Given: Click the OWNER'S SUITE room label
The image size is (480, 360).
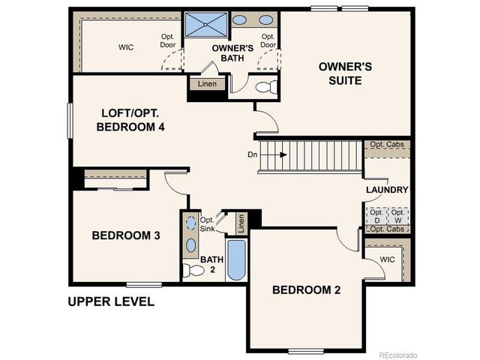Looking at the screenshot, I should pos(345,73).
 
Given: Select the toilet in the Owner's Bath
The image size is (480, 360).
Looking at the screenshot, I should pos(265,87).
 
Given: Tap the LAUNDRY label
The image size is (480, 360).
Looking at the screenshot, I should pos(387,190).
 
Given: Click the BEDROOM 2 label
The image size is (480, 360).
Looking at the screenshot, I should pos(306,290).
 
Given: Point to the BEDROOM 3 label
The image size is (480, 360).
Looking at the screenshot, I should pos(126,235).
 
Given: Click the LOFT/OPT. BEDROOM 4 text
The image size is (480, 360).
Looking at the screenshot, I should pos(130,120).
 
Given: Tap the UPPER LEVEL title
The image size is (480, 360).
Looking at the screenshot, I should pos(111,302).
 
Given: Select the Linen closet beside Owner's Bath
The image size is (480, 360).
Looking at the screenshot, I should pos(208,84).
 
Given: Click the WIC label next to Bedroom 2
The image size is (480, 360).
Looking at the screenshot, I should pos(387,259).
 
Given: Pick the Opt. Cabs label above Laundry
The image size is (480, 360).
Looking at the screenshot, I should pos(387,144).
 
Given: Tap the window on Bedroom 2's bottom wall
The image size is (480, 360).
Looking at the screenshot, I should pos(306,351).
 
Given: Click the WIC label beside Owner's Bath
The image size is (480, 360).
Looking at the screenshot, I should pos(125,46).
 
